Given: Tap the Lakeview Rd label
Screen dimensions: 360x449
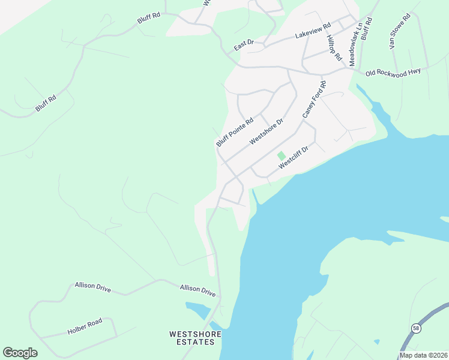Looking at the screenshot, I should [313, 32].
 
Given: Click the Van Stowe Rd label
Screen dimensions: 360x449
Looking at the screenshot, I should [399, 31].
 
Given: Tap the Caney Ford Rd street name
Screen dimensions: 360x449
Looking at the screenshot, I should [314, 99].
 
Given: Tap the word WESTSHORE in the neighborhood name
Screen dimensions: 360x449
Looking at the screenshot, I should [195, 334].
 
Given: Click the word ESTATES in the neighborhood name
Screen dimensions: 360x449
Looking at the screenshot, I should [196, 342].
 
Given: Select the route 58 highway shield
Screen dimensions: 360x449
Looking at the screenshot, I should [416, 328].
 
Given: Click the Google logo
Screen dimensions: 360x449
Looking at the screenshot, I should [20, 352].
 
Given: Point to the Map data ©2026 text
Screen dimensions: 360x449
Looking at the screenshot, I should [423, 355].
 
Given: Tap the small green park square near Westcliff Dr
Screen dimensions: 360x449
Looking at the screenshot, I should [281, 155].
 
